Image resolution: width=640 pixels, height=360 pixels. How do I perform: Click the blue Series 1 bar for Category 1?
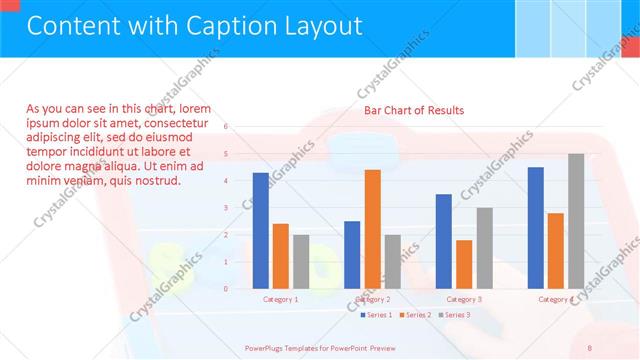(x=260, y=230)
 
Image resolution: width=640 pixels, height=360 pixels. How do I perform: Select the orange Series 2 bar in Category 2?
(x=372, y=229)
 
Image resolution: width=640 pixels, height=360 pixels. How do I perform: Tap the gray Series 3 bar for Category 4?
(x=575, y=221)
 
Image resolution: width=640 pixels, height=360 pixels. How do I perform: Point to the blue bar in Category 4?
(x=535, y=227)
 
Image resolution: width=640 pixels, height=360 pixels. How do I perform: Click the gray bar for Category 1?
(x=300, y=261)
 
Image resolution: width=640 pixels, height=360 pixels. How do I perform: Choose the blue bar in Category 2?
(x=352, y=254)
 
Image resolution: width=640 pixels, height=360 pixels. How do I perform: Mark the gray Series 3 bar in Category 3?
(x=484, y=248)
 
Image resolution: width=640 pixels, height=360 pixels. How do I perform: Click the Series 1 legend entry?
(x=376, y=315)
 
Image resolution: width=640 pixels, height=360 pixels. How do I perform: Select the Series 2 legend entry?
(x=415, y=315)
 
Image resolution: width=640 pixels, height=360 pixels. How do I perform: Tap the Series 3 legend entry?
(x=454, y=315)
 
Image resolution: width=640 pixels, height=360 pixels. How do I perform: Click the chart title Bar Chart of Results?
(x=413, y=110)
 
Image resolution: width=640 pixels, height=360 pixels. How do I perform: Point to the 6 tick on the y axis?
(x=226, y=127)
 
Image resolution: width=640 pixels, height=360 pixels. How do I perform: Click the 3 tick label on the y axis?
(x=226, y=208)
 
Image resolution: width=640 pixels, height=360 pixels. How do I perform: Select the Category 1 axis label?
(x=280, y=299)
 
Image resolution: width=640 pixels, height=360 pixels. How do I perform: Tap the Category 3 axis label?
(x=463, y=299)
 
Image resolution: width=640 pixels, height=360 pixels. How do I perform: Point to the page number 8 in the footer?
(x=589, y=347)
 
